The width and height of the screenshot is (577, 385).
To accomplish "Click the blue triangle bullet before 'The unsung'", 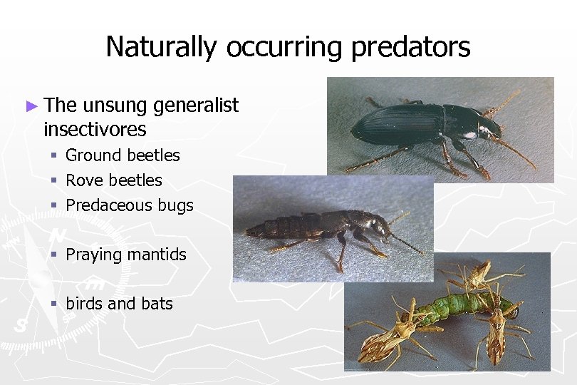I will tap(31, 106).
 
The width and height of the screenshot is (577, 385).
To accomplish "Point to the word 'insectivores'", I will tap(95, 130).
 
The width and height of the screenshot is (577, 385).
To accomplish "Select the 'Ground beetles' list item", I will tap(123, 155).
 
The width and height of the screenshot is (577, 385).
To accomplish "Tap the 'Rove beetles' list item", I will tap(114, 180).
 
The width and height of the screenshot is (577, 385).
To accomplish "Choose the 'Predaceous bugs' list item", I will tap(129, 205).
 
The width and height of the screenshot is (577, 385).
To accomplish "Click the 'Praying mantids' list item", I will tap(126, 255).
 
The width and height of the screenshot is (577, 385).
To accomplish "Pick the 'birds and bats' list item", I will tap(119, 304).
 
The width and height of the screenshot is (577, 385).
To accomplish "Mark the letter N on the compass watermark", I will tap(58, 235).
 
